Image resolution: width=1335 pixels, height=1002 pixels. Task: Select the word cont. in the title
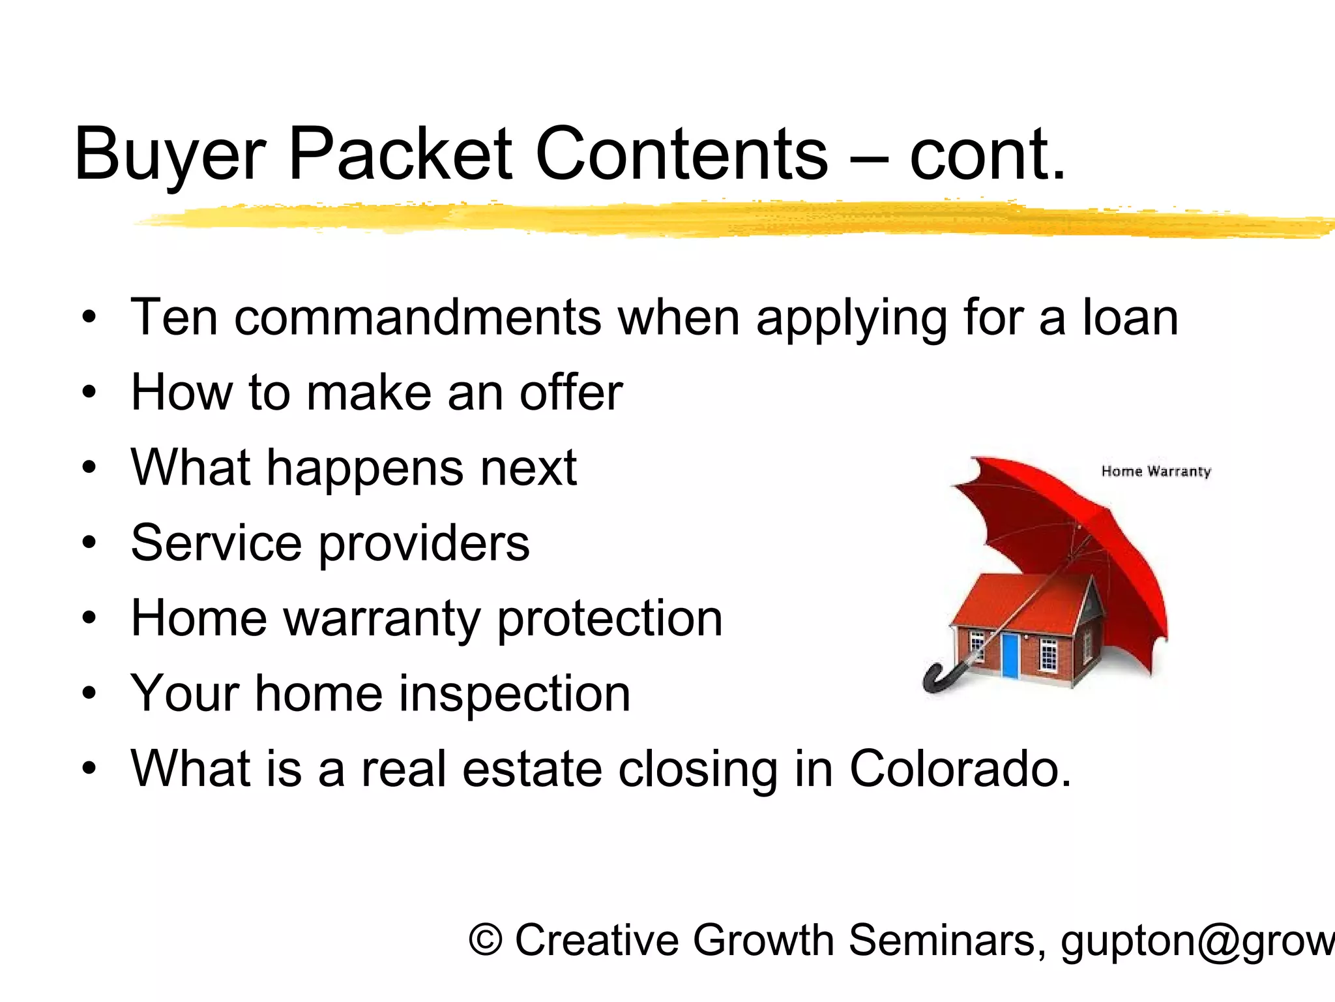tap(988, 155)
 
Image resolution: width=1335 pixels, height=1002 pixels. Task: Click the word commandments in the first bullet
tap(418, 317)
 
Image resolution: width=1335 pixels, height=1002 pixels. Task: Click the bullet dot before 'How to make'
tap(89, 393)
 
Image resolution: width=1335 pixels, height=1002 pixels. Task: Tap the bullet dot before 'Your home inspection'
tap(89, 694)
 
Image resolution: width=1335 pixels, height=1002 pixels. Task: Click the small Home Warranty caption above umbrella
tap(1155, 471)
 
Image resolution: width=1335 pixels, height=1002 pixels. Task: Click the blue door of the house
tap(1010, 655)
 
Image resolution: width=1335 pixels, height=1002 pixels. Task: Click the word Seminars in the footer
tap(943, 940)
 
